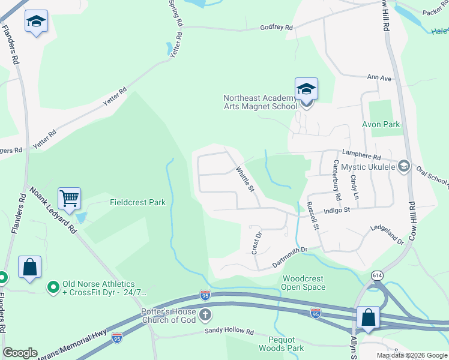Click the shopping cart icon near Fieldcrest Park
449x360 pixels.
[x=70, y=198]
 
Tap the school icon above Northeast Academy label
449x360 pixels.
[x=306, y=89]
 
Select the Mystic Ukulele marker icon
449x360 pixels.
[x=404, y=166]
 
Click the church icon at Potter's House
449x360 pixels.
[x=205, y=315]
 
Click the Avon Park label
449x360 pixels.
[x=381, y=124]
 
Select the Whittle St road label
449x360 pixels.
[x=244, y=179]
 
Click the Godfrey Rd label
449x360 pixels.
[x=276, y=28]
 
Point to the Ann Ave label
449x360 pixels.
[x=379, y=77]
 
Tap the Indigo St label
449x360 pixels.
[x=336, y=210]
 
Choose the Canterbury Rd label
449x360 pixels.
[x=336, y=179]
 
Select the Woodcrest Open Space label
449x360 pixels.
[x=304, y=283]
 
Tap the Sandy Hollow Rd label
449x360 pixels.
[x=229, y=331]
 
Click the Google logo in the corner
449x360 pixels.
[x=20, y=353]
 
